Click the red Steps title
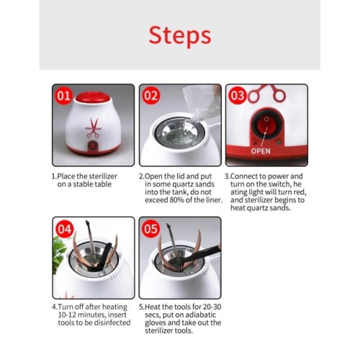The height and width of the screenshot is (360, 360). [x=180, y=36]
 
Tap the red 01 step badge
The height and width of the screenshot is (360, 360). [x=63, y=96]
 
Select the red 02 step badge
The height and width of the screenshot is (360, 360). [x=150, y=96]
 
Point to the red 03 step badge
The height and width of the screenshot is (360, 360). [x=238, y=96]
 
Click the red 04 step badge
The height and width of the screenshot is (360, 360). [x=64, y=229]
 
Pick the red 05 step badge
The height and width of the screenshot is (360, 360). [x=150, y=229]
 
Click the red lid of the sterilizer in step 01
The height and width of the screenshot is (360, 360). [x=93, y=97]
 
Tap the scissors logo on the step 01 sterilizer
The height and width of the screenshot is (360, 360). [x=93, y=128]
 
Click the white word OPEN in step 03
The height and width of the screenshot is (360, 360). [x=261, y=151]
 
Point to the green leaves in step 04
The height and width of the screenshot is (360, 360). [x=58, y=254]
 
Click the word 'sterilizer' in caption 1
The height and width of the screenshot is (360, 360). [x=103, y=176]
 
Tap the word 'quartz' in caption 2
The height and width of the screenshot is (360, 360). [x=182, y=184]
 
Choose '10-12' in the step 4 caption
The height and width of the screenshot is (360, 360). [x=67, y=315]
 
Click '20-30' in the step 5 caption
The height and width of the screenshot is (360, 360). [x=212, y=307]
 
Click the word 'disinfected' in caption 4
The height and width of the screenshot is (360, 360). [x=112, y=323]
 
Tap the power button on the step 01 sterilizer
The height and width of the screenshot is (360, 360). [x=93, y=145]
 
